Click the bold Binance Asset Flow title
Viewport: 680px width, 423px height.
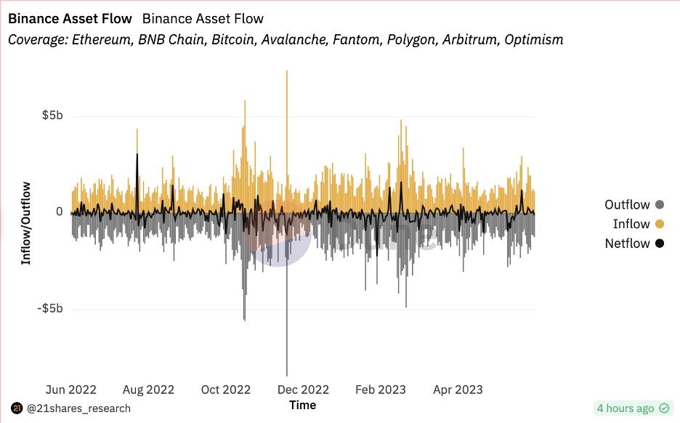tap(70, 18)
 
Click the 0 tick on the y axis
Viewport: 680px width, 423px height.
tap(59, 212)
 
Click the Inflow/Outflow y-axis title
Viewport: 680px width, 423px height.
tap(26, 223)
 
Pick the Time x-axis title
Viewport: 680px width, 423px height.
tap(302, 405)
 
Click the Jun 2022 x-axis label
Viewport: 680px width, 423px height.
tap(70, 390)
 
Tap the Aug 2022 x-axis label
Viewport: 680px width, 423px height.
tap(149, 390)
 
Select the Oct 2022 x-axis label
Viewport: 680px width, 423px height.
tap(226, 390)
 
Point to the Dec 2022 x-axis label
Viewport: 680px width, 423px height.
tap(304, 390)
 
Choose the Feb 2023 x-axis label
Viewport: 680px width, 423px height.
tap(381, 390)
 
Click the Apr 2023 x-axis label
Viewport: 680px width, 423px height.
tap(457, 390)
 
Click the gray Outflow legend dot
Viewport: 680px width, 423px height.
tap(659, 205)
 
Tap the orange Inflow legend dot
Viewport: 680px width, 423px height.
tap(659, 224)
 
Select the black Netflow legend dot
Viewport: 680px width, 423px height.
tap(659, 243)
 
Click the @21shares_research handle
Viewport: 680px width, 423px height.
tap(78, 408)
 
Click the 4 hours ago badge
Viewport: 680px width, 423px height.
tap(631, 408)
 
